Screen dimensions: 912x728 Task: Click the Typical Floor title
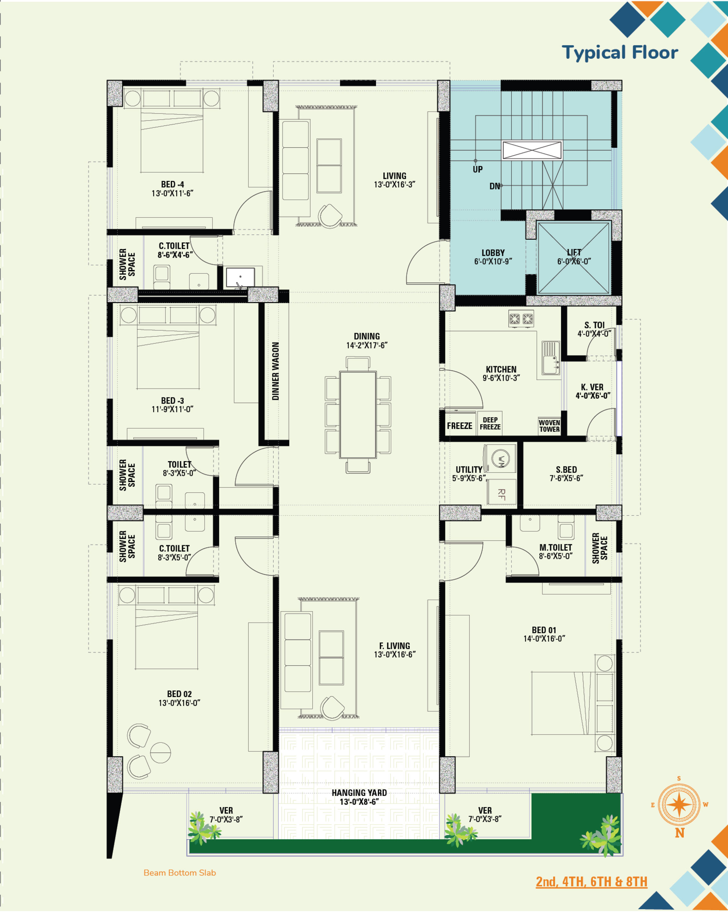click(620, 53)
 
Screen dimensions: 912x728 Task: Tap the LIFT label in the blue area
click(574, 252)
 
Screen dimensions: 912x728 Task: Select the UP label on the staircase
click(477, 169)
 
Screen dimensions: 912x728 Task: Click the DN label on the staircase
click(495, 186)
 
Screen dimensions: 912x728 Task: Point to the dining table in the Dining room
click(358, 414)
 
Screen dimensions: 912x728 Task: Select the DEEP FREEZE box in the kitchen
click(490, 423)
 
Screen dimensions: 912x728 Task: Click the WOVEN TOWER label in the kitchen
click(549, 426)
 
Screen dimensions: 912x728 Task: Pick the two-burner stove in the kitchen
click(521, 319)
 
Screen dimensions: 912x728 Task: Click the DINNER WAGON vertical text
click(275, 371)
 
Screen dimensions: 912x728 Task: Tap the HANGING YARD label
click(359, 793)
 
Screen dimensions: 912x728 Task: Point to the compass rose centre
click(679, 805)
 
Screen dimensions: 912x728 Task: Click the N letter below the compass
click(679, 833)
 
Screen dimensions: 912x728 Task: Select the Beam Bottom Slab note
click(180, 873)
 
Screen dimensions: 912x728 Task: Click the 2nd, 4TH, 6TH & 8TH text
click(591, 882)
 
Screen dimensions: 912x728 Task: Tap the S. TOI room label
click(594, 325)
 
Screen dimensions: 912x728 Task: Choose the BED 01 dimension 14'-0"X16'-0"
click(544, 639)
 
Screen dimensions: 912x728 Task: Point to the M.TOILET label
click(555, 547)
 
